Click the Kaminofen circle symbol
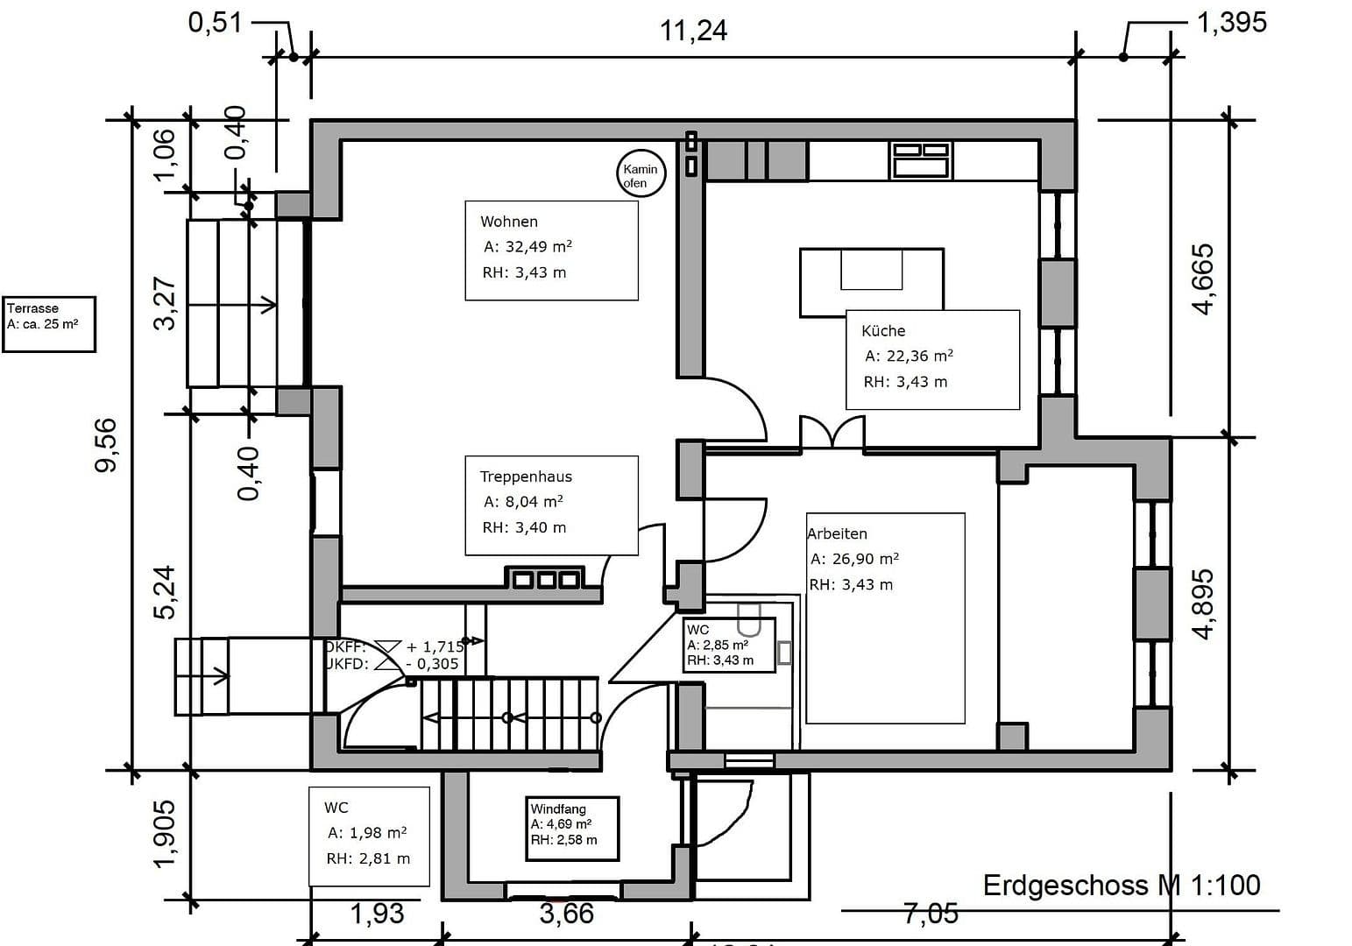[641, 175]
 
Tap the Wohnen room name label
[508, 222]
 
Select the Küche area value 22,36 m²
[909, 356]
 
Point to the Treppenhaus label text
[525, 477]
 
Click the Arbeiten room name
[838, 533]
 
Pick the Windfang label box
[574, 827]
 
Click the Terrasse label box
[48, 324]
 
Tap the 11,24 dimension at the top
[693, 31]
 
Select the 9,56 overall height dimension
[106, 445]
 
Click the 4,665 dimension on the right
[1203, 279]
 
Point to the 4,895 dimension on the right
[1205, 604]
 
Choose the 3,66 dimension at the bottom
[566, 914]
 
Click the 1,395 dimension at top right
[1231, 22]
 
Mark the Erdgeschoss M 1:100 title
[1121, 885]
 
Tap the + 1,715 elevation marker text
[435, 646]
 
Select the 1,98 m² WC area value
[367, 832]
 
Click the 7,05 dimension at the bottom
[931, 914]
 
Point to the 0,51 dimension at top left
[215, 22]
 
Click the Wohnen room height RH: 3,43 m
[524, 272]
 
